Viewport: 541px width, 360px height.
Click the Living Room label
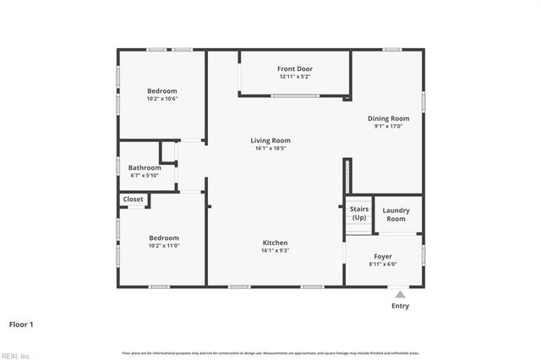pyautogui.click(x=270, y=140)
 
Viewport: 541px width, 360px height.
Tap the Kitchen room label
pyautogui.click(x=275, y=243)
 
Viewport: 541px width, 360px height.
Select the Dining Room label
pyautogui.click(x=388, y=118)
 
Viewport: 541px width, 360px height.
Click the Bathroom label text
pyautogui.click(x=145, y=167)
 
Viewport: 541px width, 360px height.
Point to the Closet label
pyautogui.click(x=134, y=199)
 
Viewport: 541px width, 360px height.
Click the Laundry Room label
pyautogui.click(x=396, y=215)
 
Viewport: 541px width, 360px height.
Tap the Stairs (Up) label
pyautogui.click(x=358, y=213)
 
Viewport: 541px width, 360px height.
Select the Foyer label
pyautogui.click(x=383, y=256)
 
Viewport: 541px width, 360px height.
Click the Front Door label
pyautogui.click(x=295, y=68)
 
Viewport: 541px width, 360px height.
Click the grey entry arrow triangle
pyautogui.click(x=400, y=294)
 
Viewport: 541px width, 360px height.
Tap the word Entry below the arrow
pyautogui.click(x=400, y=306)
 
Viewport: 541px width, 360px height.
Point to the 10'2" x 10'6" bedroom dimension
pyautogui.click(x=162, y=99)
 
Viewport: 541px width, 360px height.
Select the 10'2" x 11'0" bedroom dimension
pyautogui.click(x=162, y=246)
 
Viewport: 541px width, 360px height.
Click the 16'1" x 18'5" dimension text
pyautogui.click(x=270, y=149)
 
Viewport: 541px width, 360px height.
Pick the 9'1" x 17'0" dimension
pyautogui.click(x=388, y=127)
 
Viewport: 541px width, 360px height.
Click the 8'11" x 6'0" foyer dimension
pyautogui.click(x=383, y=265)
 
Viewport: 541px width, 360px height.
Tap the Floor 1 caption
pyautogui.click(x=21, y=324)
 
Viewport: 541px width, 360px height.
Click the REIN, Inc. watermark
pyautogui.click(x=15, y=355)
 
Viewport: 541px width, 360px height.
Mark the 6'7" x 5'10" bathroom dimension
pyautogui.click(x=145, y=176)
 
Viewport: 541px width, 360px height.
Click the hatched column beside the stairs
pyautogui.click(x=347, y=177)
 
